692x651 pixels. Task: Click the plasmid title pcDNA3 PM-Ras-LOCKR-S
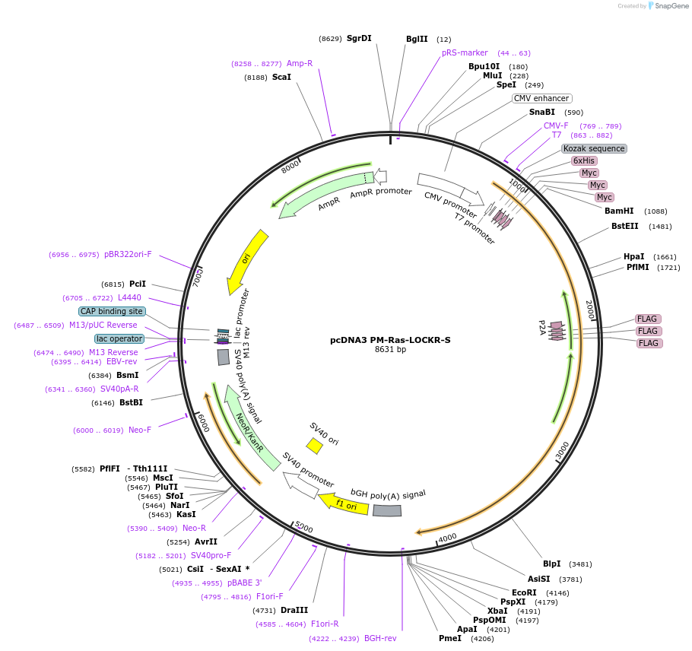[x=389, y=340]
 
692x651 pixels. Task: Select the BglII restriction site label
[x=417, y=39]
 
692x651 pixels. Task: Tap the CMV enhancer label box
[x=541, y=98]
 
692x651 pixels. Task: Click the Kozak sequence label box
[x=594, y=148]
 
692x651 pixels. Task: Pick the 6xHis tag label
[x=584, y=160]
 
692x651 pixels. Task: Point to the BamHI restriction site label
[x=619, y=211]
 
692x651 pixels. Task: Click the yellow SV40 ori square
[x=314, y=446]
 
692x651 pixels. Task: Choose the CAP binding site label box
[x=111, y=311]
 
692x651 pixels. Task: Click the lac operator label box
[x=119, y=338]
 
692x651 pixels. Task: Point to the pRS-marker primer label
[x=465, y=52]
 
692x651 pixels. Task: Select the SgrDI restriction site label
[x=359, y=38]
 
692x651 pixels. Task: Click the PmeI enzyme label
[x=449, y=638]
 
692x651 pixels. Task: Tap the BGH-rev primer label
[x=380, y=638]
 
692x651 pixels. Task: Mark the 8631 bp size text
[x=390, y=350]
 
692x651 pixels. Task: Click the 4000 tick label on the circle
[x=447, y=536]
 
